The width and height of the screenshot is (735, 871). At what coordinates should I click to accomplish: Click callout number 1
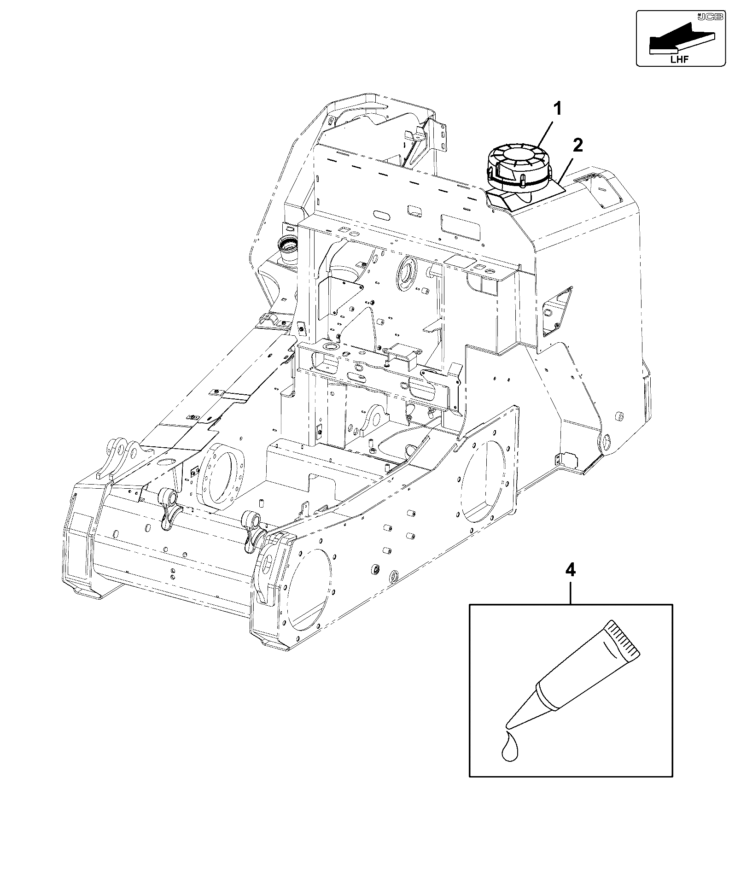click(557, 109)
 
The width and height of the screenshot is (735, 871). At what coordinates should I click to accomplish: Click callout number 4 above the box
click(570, 571)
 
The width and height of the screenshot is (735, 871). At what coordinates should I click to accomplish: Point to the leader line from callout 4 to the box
click(570, 592)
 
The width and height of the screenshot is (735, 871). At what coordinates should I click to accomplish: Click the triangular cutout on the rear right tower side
click(558, 310)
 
